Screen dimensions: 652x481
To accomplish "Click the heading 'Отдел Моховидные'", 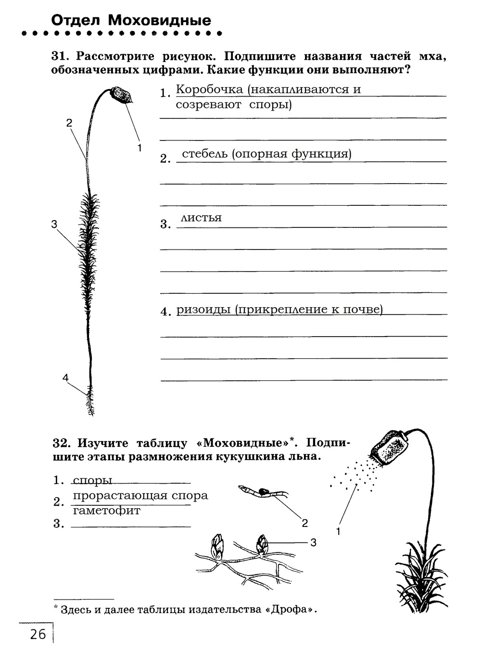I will coord(131,21).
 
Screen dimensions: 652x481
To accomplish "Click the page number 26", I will coord(38,635).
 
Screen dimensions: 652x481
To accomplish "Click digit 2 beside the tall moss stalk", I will coord(69,123).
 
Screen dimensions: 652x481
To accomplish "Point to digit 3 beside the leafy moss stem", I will coord(54,224).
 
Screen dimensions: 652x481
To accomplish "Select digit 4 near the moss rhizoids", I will coord(65,378).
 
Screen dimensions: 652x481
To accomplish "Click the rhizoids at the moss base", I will coord(90,401).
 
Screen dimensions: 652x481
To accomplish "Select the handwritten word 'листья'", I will coord(201,218).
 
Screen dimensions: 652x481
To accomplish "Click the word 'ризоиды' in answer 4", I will coord(203,310).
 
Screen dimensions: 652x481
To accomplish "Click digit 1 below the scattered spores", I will coord(338,531).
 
